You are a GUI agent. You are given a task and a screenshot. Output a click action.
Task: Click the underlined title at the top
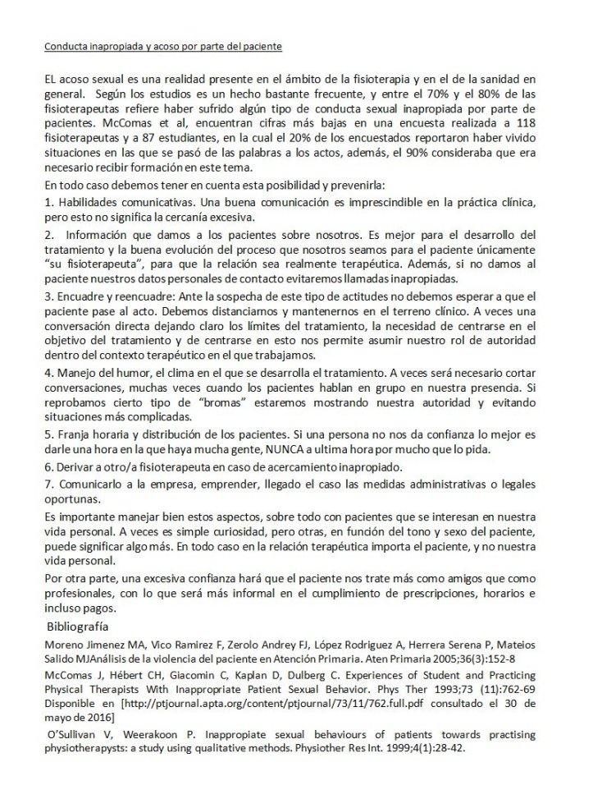(162, 47)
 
